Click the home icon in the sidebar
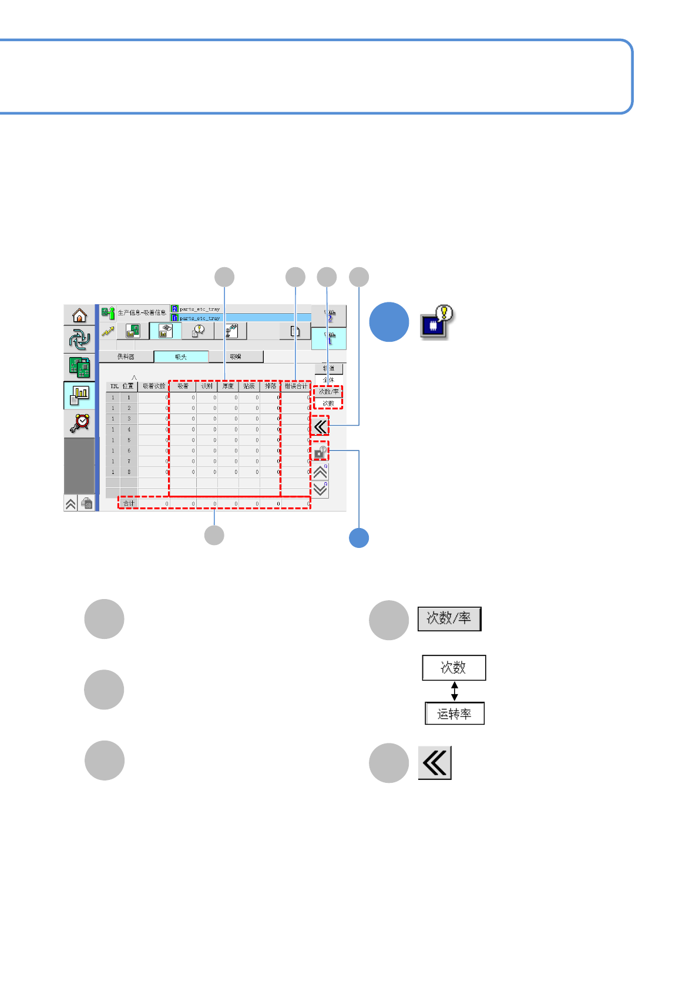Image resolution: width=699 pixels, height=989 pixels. click(x=79, y=316)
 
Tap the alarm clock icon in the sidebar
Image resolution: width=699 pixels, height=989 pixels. click(x=79, y=423)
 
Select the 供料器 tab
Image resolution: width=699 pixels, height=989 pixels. click(x=126, y=356)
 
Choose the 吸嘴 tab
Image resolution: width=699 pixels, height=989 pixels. click(x=236, y=356)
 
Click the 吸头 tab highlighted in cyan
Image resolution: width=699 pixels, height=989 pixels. click(x=181, y=356)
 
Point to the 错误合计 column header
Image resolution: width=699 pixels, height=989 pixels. click(x=296, y=386)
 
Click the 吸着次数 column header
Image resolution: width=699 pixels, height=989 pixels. click(x=154, y=386)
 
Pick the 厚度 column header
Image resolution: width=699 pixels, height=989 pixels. click(x=228, y=386)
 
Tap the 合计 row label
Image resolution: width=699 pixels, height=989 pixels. click(x=129, y=503)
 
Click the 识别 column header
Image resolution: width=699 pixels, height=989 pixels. click(x=207, y=386)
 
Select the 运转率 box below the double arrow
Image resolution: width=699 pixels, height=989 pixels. click(x=454, y=714)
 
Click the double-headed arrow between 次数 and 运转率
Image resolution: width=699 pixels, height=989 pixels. click(x=454, y=691)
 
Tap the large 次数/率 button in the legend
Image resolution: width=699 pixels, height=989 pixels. click(x=449, y=618)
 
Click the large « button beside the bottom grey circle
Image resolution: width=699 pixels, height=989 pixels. click(x=435, y=763)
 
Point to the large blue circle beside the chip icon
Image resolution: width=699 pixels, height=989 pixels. click(x=389, y=322)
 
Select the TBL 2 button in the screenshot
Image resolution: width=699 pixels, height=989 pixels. click(x=329, y=316)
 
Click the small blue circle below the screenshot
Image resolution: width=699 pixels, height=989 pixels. click(x=359, y=538)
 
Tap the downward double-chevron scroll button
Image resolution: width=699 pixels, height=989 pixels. click(x=320, y=490)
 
